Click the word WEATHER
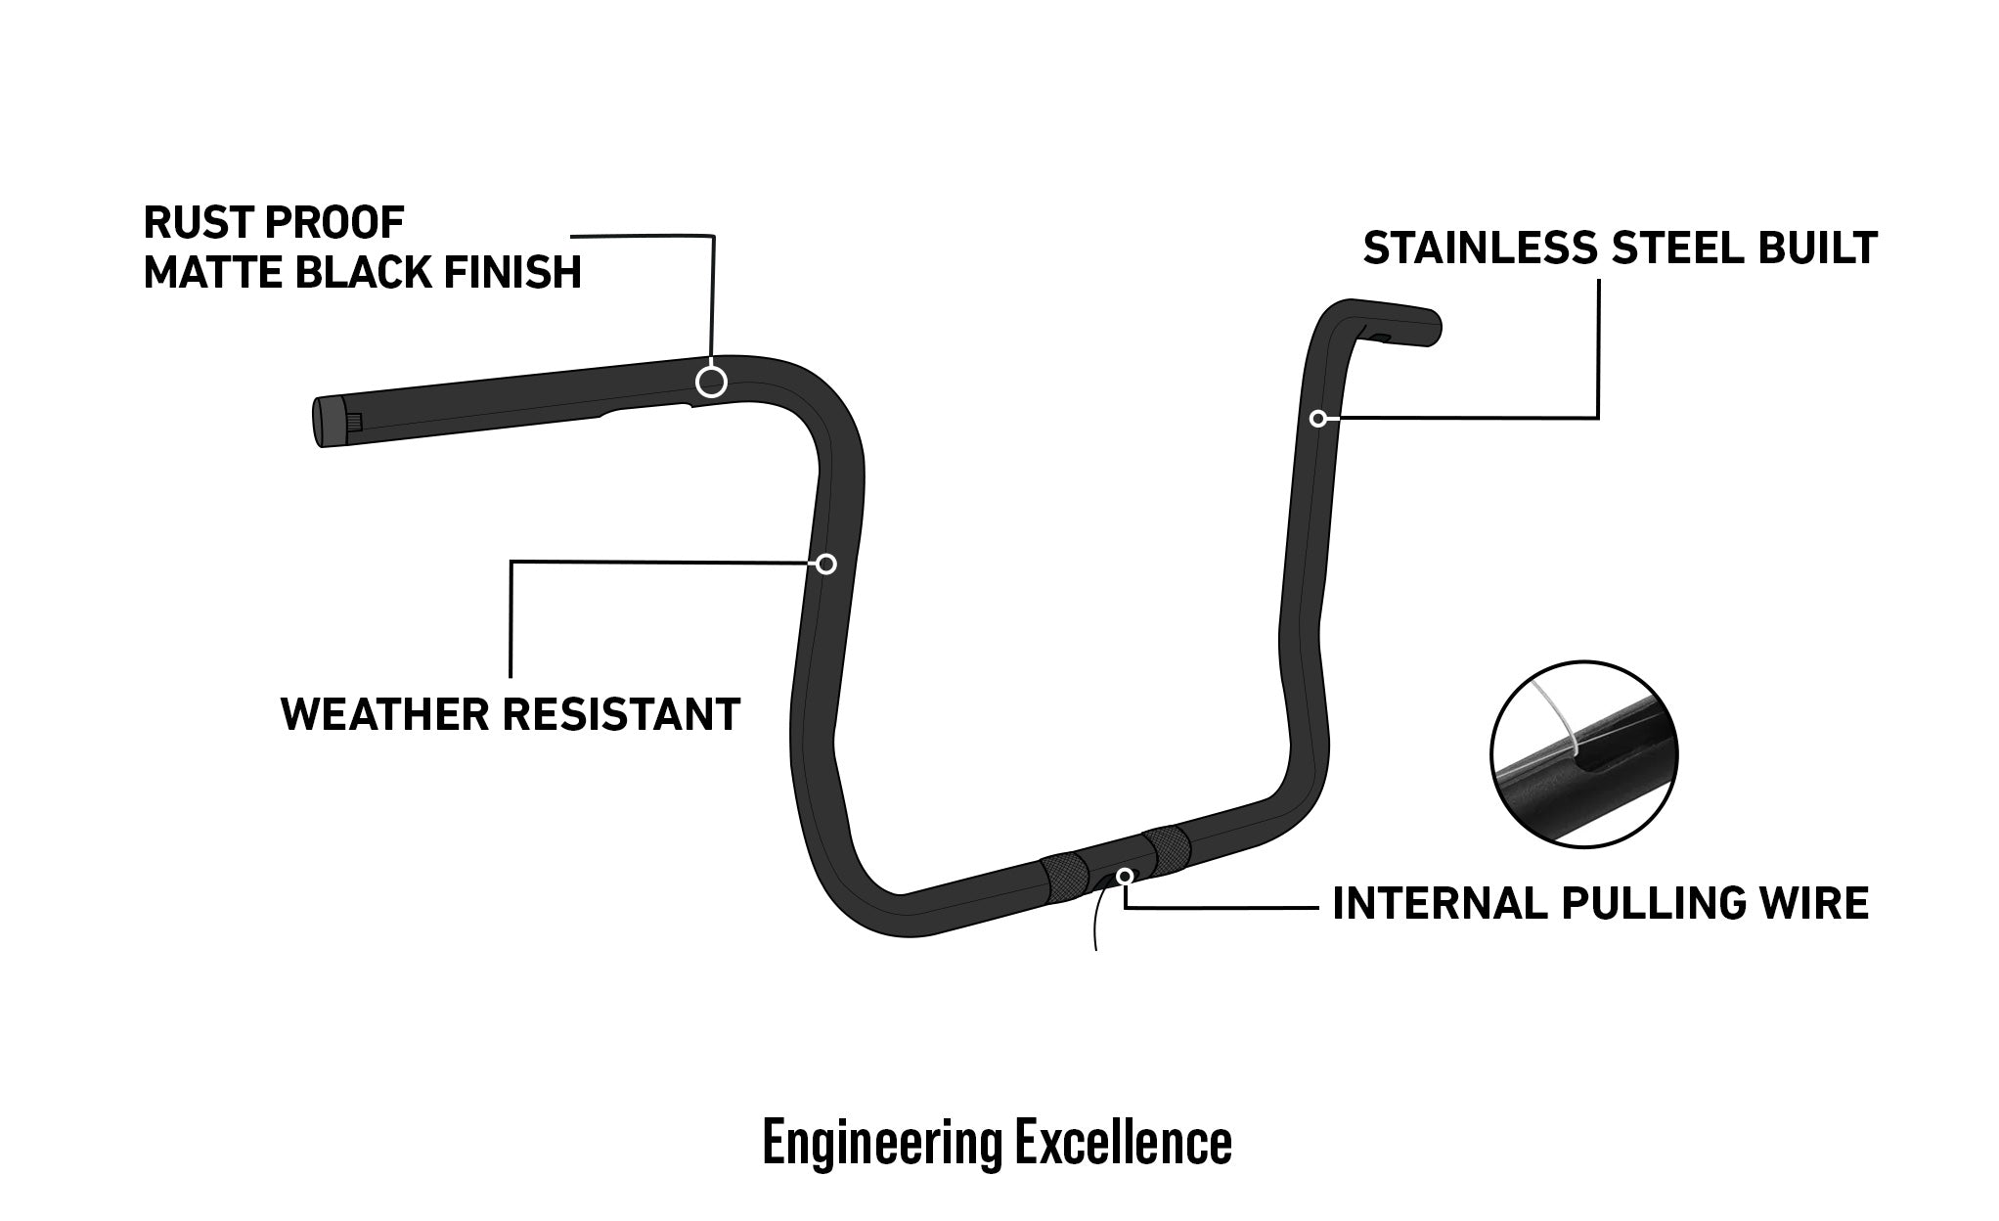(x=385, y=714)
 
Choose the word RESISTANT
(x=621, y=714)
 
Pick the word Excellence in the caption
(x=1123, y=1143)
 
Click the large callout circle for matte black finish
(x=711, y=382)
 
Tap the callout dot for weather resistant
(x=826, y=564)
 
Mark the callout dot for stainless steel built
(x=1318, y=419)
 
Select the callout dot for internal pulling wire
(x=1126, y=875)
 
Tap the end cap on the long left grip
(x=323, y=423)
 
